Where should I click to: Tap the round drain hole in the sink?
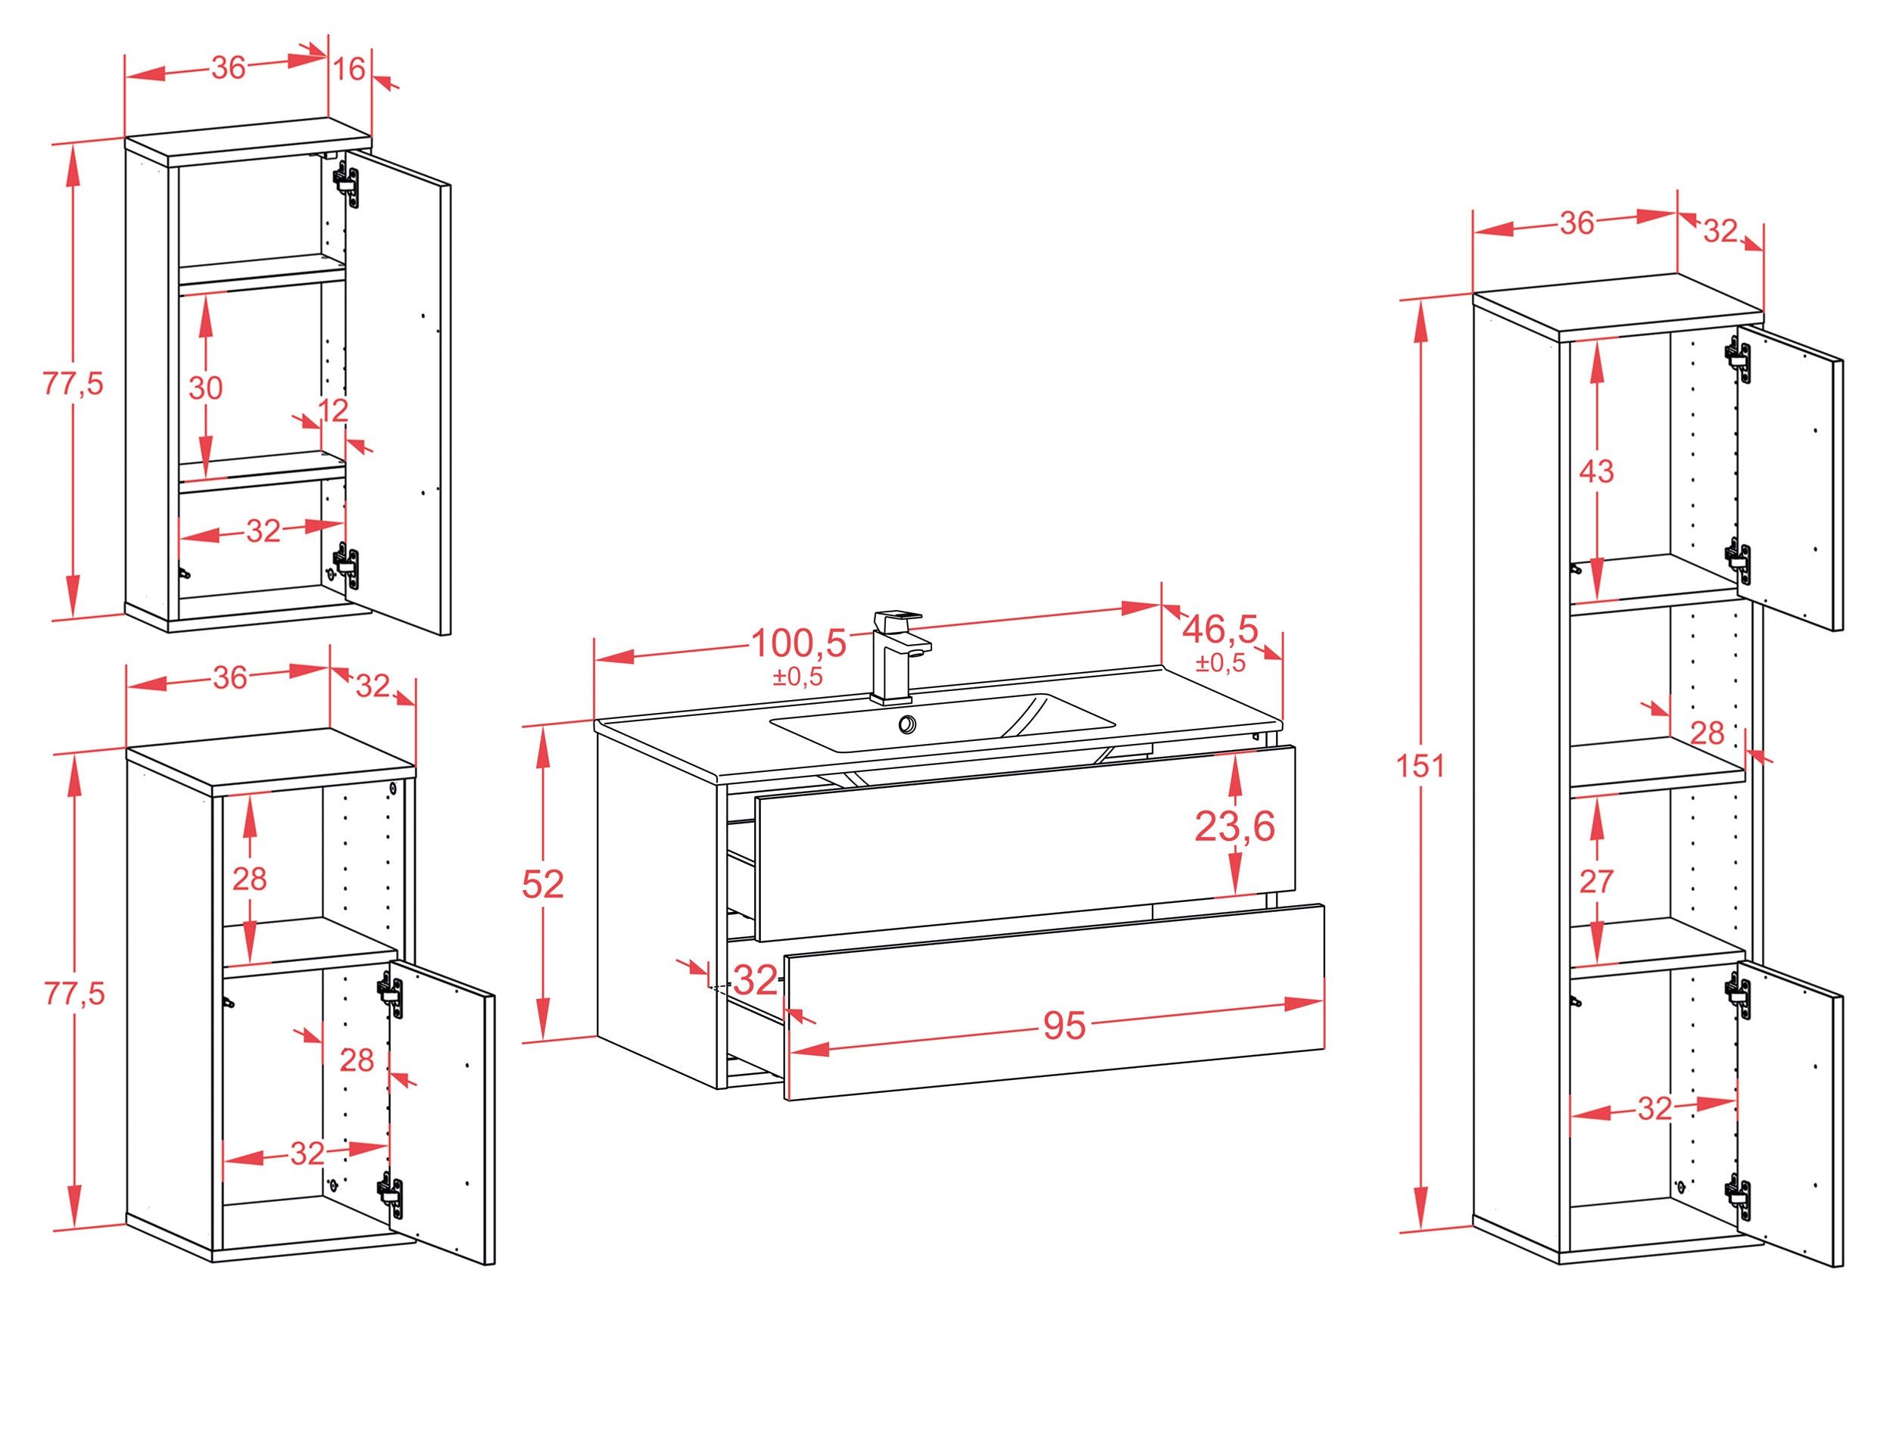(906, 725)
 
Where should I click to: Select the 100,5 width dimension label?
(798, 643)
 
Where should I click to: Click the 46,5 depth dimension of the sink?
(1220, 630)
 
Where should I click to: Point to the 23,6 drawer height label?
(1234, 826)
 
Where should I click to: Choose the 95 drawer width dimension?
(1064, 1026)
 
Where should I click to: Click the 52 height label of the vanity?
(543, 884)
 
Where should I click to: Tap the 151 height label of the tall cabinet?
(1421, 765)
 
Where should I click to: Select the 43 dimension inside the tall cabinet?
(1596, 471)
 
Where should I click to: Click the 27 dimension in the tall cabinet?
(1596, 881)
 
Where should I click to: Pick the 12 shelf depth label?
(333, 410)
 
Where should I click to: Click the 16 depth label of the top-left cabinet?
(349, 68)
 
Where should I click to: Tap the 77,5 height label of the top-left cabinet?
(73, 384)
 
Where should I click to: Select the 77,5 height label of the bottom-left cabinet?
(73, 994)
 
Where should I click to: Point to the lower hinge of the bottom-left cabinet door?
(391, 1194)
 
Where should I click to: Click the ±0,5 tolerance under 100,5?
(798, 676)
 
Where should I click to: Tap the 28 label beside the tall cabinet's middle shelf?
(1707, 733)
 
